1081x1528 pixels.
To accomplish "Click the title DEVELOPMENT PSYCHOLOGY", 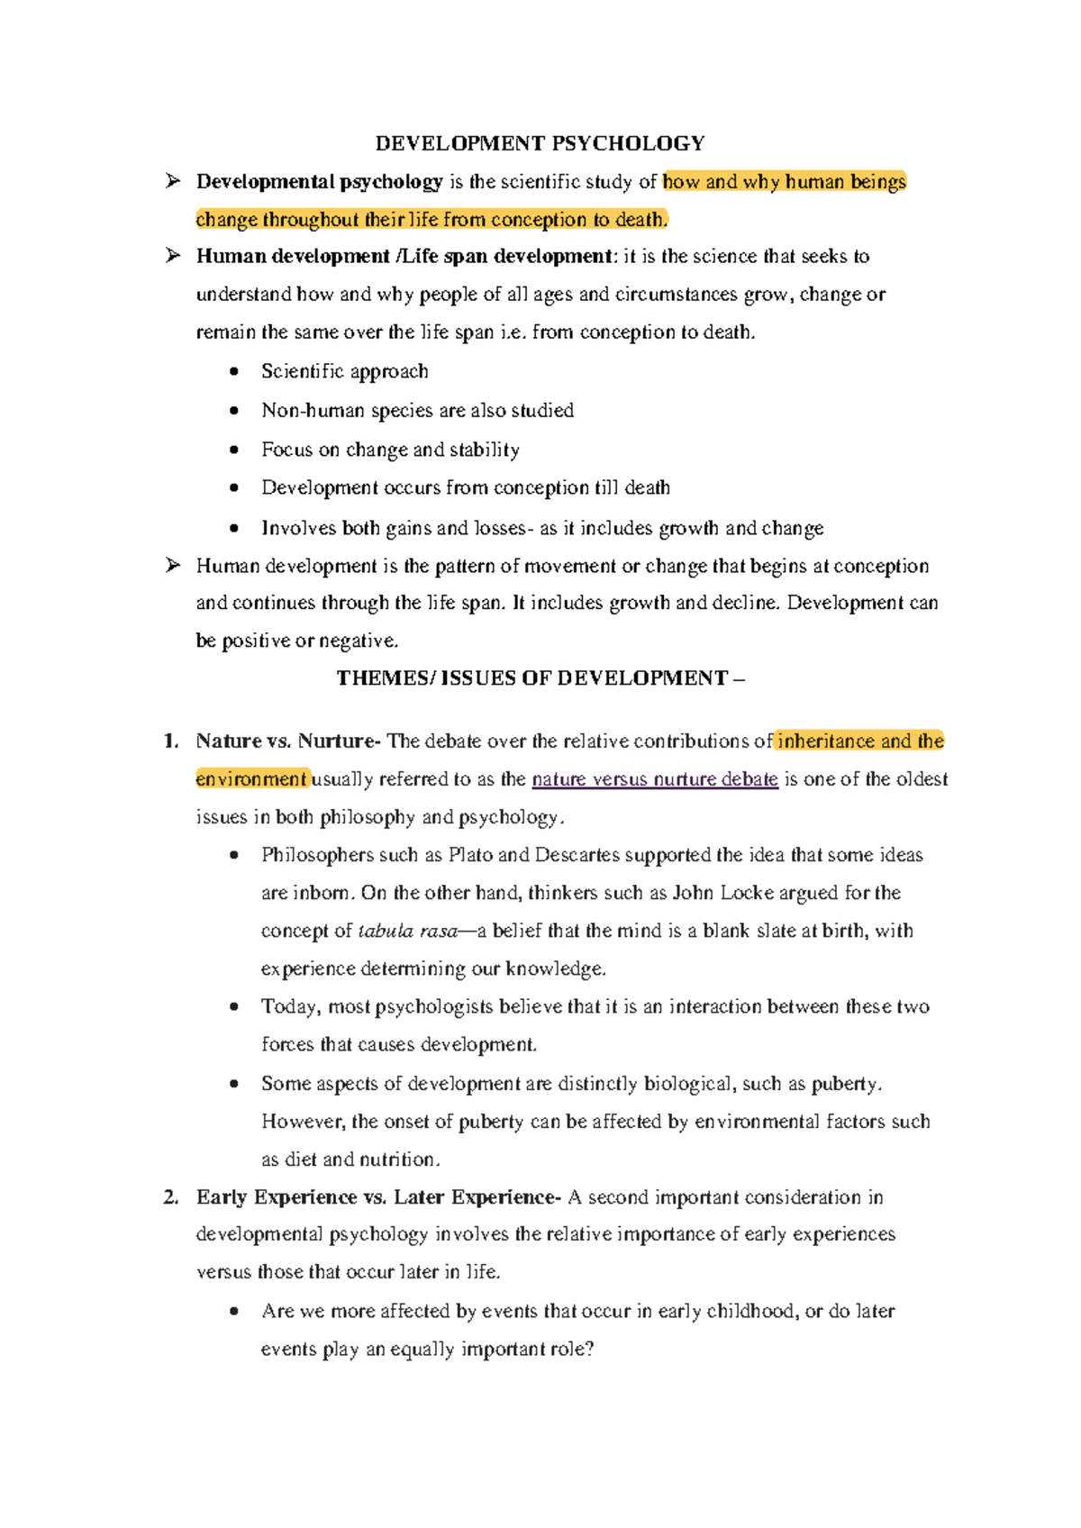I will (540, 143).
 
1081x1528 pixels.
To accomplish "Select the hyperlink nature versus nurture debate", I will (655, 779).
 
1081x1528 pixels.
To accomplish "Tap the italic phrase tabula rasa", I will (408, 932).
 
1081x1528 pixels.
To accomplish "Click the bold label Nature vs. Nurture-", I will (288, 741).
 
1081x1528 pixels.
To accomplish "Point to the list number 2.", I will (170, 1197).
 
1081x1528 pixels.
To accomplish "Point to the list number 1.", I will (170, 741).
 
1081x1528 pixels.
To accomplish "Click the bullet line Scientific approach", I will (344, 371).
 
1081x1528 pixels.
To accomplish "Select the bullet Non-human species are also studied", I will (417, 411).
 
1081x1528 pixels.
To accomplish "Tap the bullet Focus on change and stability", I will (390, 450).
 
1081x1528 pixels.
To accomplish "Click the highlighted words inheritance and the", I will (859, 741).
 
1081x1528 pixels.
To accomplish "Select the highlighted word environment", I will (251, 779).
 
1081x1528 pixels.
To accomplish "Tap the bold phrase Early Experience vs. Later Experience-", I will (378, 1197).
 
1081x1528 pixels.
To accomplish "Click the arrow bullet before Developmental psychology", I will (173, 182).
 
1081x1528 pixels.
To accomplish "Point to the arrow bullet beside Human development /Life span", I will (173, 257).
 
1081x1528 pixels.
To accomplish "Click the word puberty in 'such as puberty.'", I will (844, 1085).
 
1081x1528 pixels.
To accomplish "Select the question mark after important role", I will (589, 1350).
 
